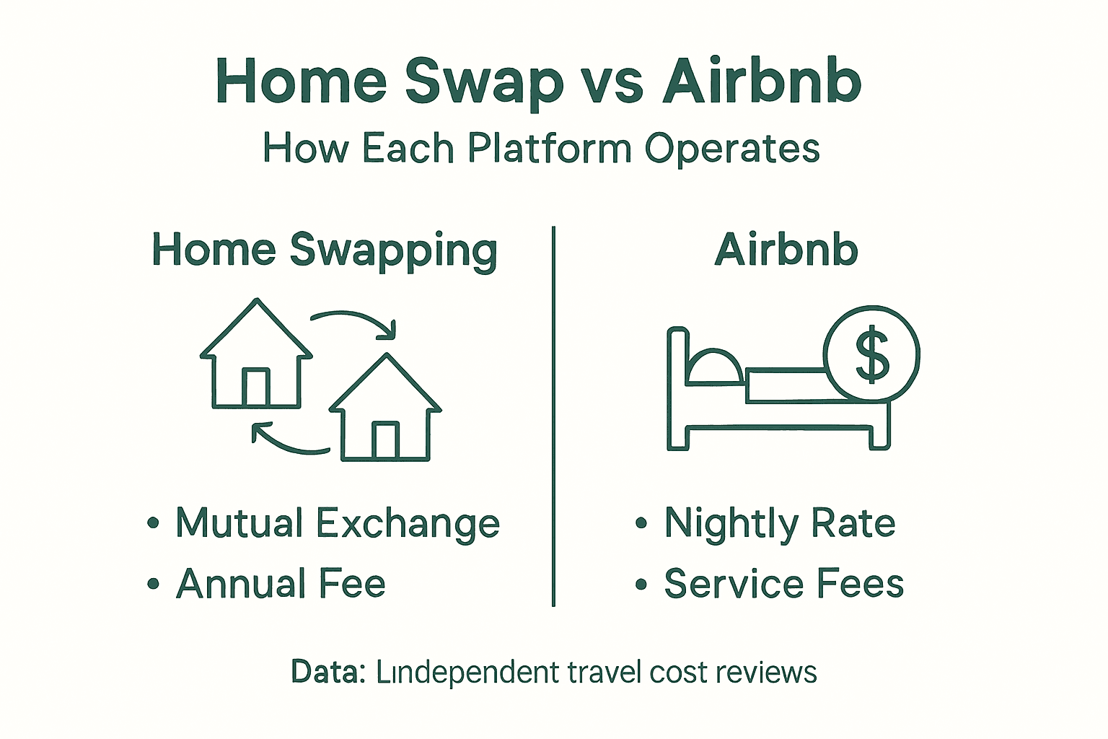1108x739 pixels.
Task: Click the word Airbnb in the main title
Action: [x=762, y=81]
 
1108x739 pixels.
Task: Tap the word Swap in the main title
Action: [x=484, y=81]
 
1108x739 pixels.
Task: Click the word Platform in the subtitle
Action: [x=550, y=149]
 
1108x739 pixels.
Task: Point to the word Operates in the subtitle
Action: [x=731, y=149]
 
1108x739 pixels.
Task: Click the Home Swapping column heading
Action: [x=325, y=251]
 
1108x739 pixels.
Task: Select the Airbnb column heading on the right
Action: [x=786, y=251]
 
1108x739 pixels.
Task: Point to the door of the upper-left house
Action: [x=255, y=388]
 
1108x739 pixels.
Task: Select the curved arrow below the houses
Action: [x=289, y=441]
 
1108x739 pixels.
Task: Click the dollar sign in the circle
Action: [x=871, y=354]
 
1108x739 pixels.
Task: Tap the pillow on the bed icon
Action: [x=714, y=367]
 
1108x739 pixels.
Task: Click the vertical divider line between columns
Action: [x=553, y=416]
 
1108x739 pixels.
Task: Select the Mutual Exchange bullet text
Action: [x=337, y=523]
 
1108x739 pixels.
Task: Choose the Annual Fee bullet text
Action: [x=281, y=584]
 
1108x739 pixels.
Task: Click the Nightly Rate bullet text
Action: [x=779, y=523]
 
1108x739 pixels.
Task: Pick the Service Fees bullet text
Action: [x=783, y=584]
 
